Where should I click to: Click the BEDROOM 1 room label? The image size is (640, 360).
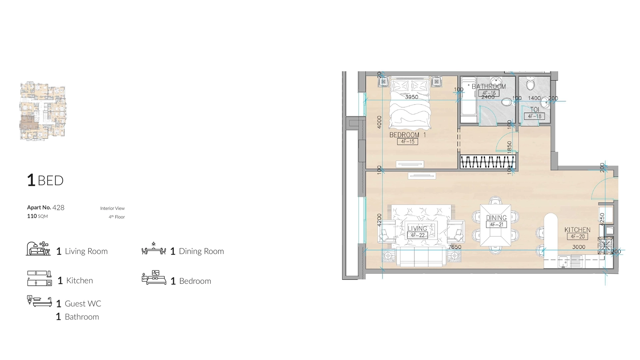[407, 135]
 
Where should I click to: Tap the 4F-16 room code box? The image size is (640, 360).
[489, 93]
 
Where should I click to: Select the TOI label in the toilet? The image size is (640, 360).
[534, 109]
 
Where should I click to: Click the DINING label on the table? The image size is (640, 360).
[496, 218]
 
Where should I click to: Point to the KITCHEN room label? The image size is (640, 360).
[577, 230]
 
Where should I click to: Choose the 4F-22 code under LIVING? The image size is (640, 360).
[417, 235]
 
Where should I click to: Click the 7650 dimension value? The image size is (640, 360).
[455, 247]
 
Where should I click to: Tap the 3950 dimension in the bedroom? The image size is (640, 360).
[411, 97]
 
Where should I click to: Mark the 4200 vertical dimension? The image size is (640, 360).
[379, 220]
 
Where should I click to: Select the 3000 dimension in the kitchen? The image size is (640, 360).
[579, 247]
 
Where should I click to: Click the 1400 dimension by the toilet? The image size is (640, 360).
[534, 98]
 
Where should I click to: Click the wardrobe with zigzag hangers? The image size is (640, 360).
[488, 162]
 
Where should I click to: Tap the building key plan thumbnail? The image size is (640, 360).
[43, 111]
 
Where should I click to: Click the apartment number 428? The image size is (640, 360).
[58, 208]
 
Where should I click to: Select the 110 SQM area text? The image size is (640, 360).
[37, 216]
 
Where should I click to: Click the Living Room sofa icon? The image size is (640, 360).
[38, 249]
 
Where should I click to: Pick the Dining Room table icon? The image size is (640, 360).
[153, 249]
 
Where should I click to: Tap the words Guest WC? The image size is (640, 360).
[83, 304]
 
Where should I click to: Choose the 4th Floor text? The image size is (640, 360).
[117, 217]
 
